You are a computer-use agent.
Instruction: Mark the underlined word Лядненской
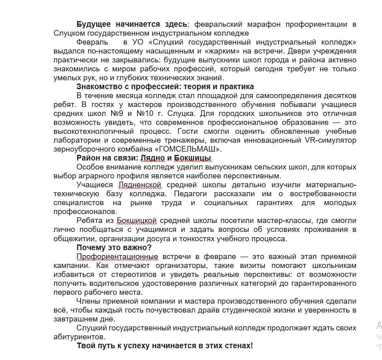click(140, 185)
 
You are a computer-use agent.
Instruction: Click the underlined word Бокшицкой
click(137, 221)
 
